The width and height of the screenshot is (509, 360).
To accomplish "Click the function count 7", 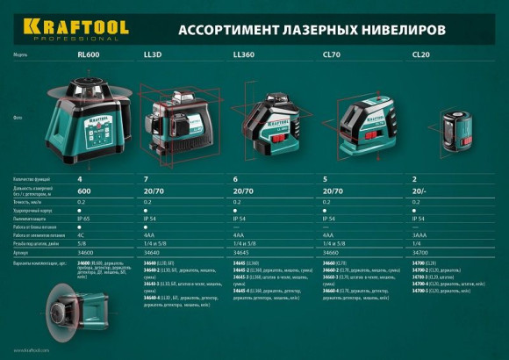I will coord(146,180).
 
